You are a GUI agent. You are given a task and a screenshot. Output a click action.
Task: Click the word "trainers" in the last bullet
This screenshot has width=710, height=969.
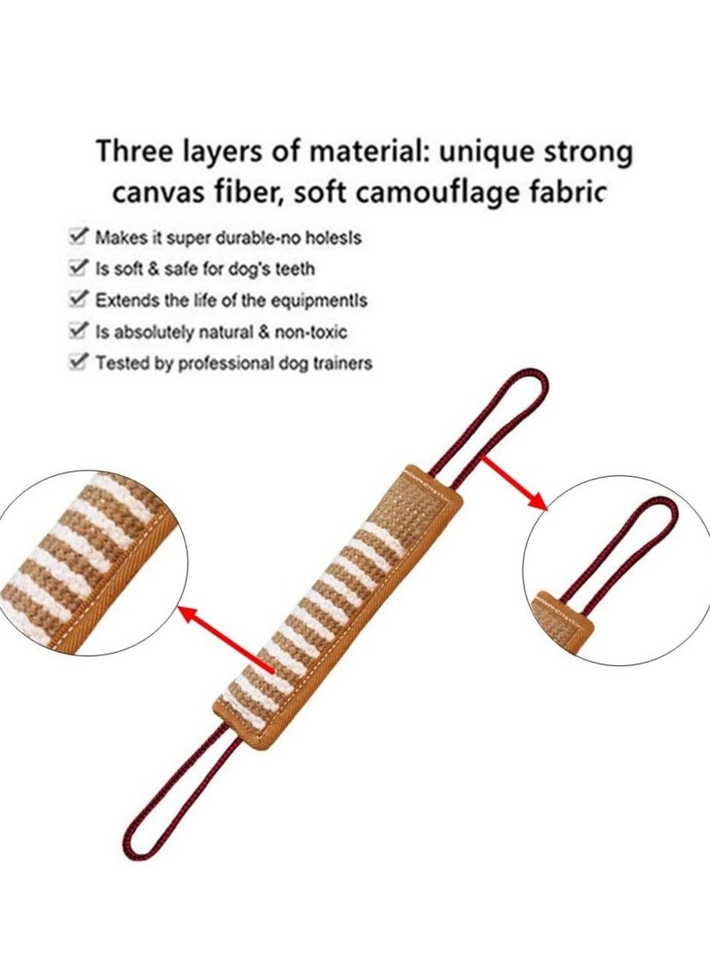[340, 362]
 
